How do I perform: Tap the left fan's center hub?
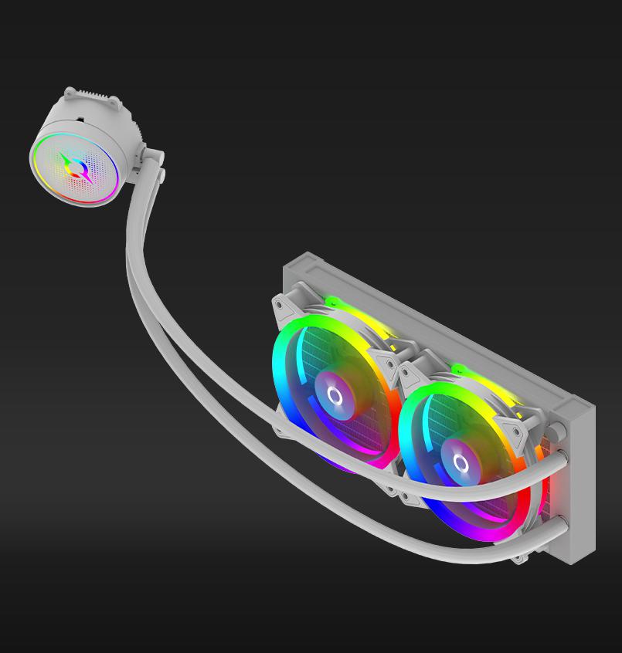[x=335, y=397]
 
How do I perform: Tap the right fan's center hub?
[x=461, y=463]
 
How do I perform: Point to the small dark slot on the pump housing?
[x=80, y=121]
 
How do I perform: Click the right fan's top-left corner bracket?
[x=410, y=374]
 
